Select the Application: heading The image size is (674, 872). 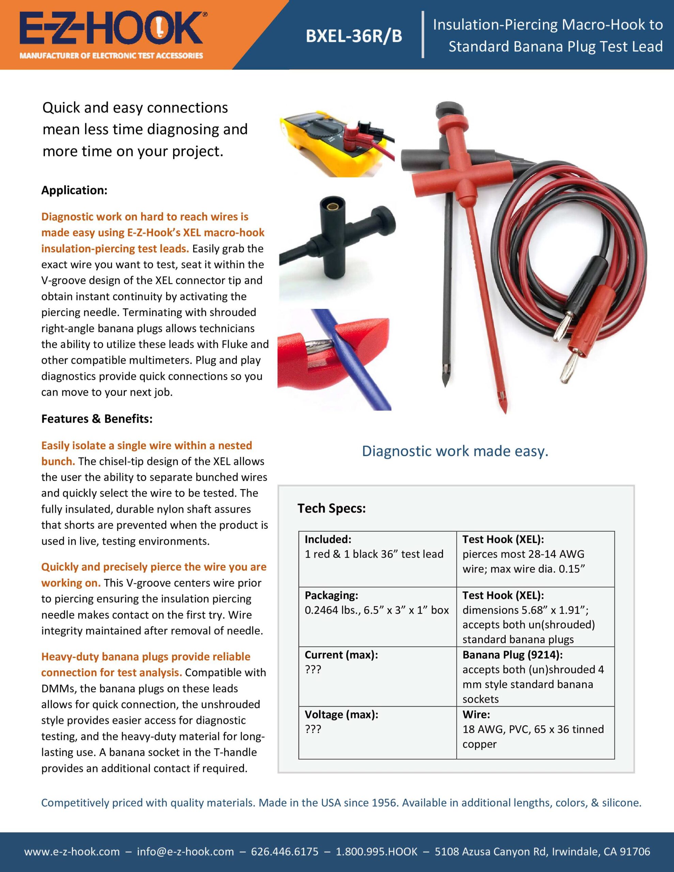74,190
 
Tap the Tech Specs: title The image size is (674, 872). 331,508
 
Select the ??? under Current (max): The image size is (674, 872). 313,670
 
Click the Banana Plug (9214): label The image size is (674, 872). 512,655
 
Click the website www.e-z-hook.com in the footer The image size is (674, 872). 72,851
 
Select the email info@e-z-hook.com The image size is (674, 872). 185,851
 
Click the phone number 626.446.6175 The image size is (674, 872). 285,851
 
